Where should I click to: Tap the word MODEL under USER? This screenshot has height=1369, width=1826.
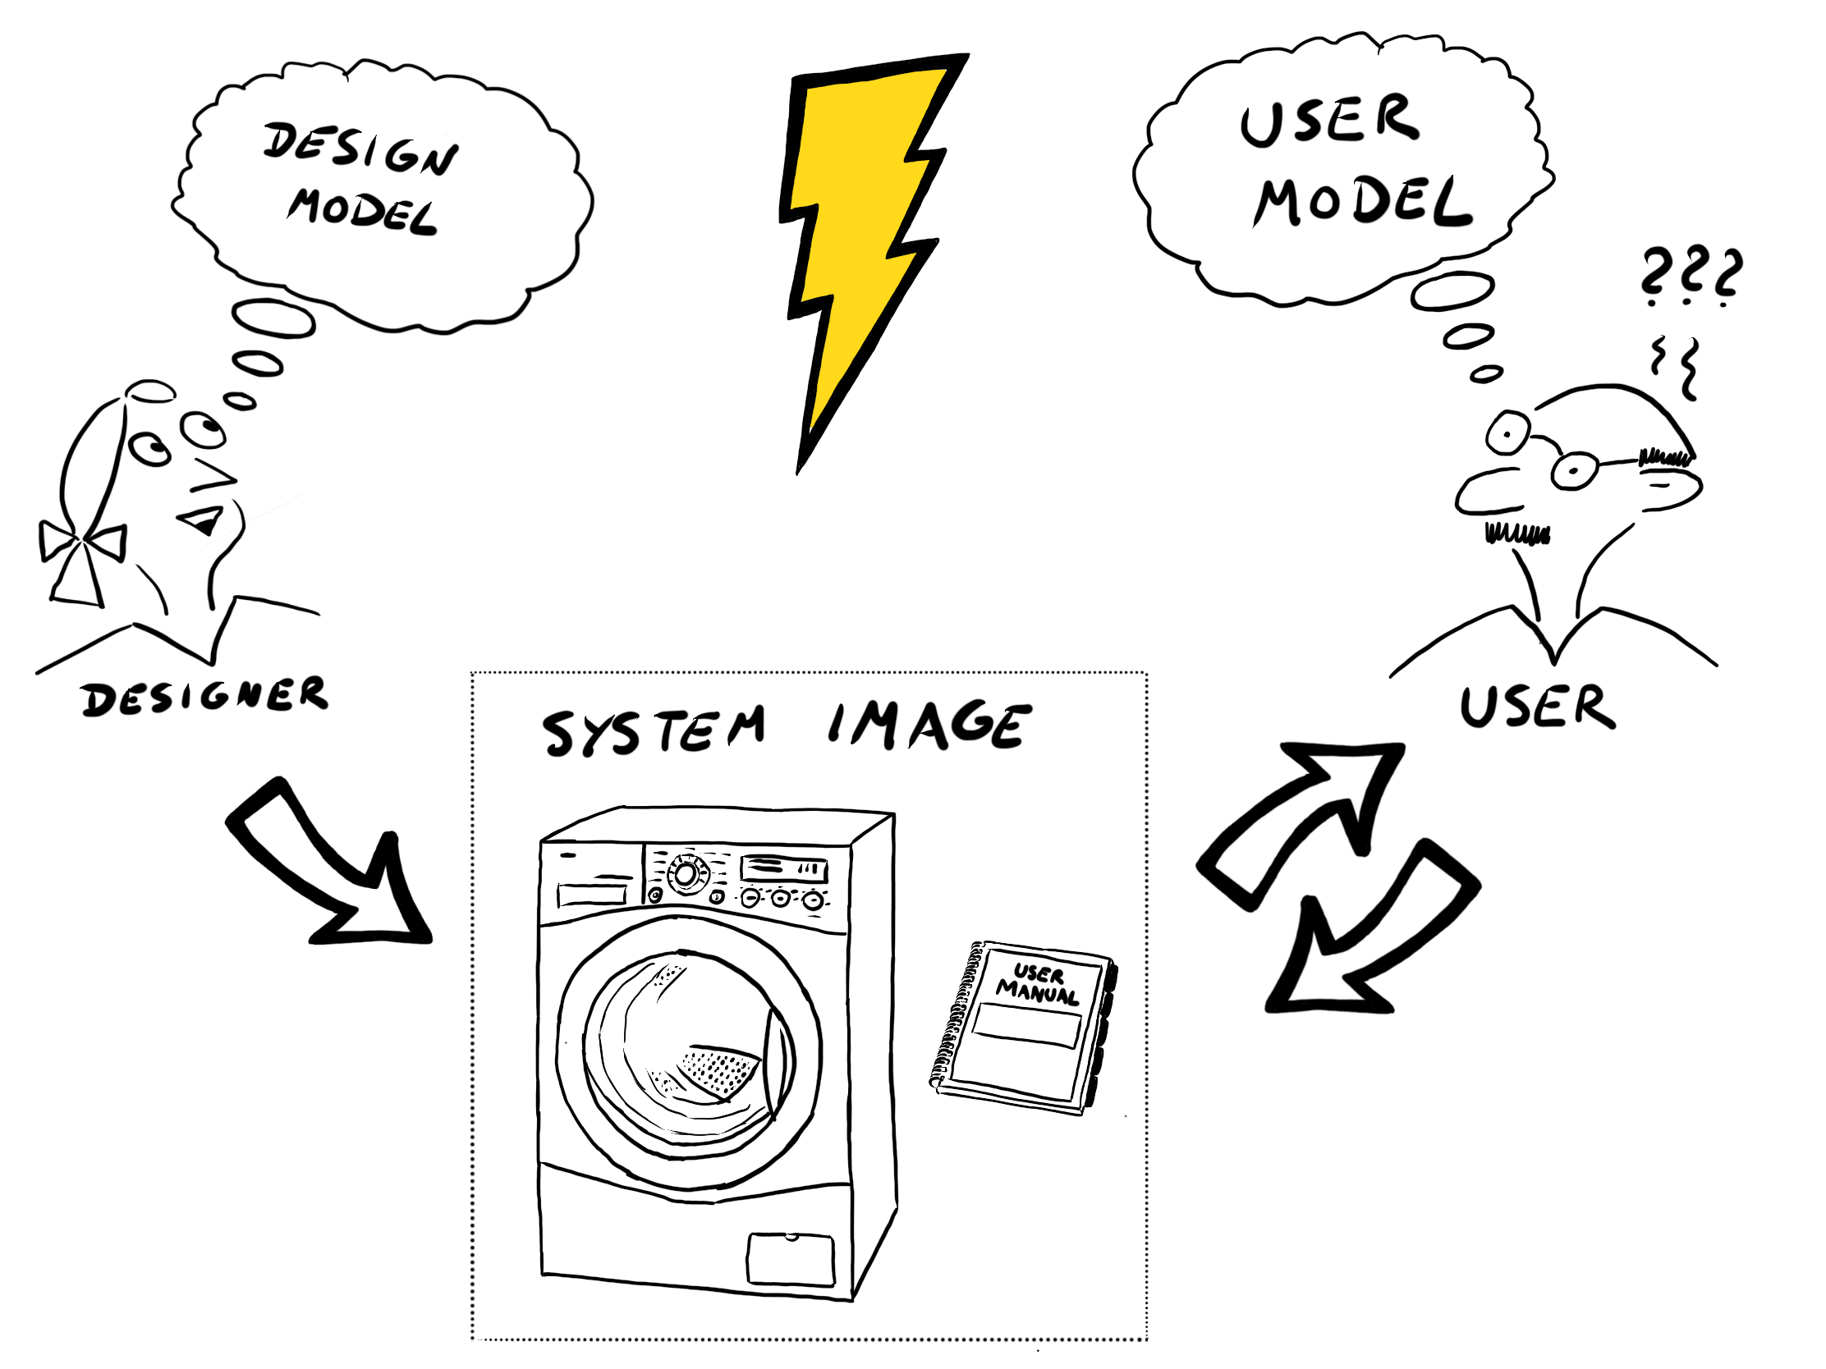tap(1362, 202)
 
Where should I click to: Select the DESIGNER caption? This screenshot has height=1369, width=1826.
tap(204, 698)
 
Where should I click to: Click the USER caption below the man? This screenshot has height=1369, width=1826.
tap(1537, 707)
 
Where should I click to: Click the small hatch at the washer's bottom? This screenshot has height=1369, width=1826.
tap(790, 1258)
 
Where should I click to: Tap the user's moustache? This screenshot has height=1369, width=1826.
tap(1517, 534)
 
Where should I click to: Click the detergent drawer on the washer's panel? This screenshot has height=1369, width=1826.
tap(593, 894)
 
